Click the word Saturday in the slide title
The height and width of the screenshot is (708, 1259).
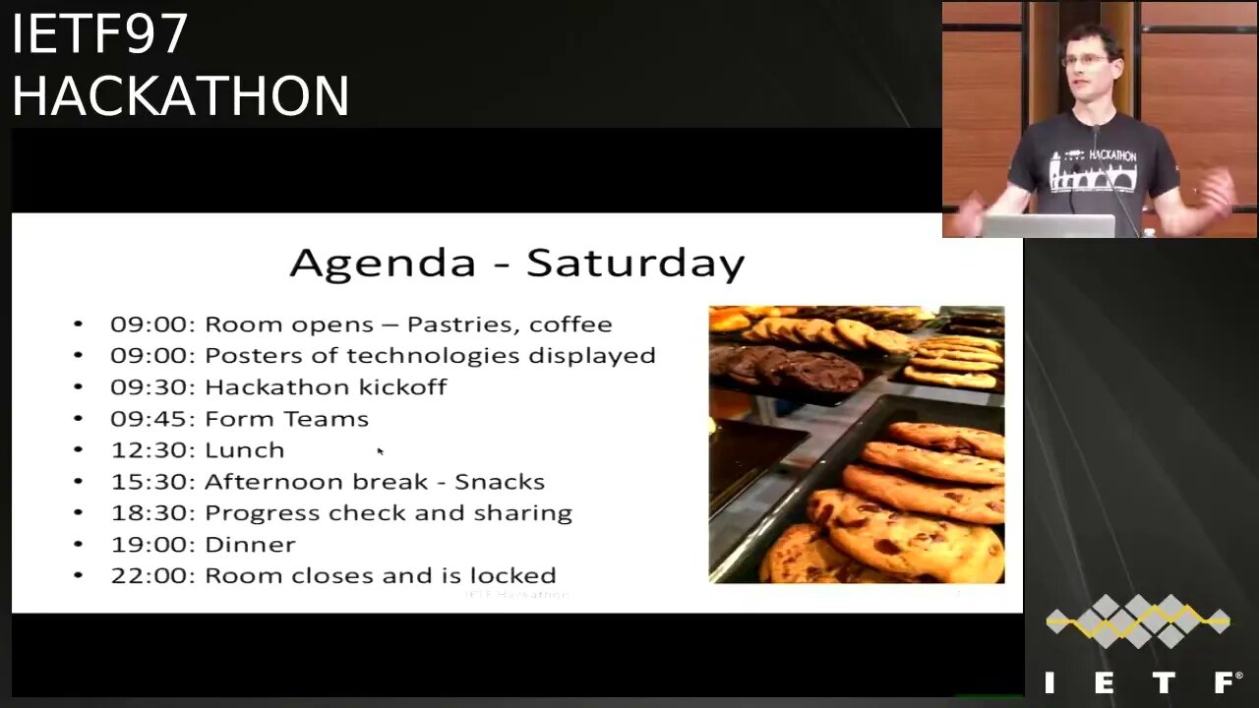click(x=635, y=264)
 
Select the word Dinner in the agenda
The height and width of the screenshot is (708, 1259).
click(x=249, y=544)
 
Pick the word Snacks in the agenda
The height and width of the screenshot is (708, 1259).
click(x=500, y=482)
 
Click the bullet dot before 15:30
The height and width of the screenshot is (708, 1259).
click(x=79, y=482)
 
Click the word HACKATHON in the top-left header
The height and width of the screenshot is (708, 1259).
click(x=180, y=96)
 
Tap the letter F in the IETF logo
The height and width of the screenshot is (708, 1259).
click(x=1226, y=682)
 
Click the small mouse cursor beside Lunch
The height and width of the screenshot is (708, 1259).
click(x=380, y=450)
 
